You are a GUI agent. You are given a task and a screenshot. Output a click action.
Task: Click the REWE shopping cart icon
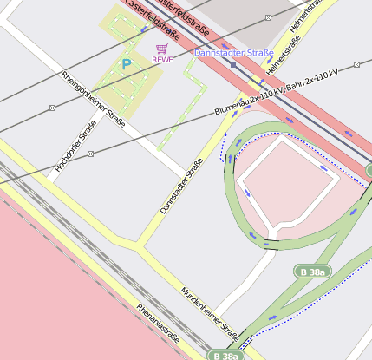pos(162,49)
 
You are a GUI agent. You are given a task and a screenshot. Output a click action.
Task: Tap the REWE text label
pos(162,60)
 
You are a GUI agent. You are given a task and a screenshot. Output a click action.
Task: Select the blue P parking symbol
pos(127,64)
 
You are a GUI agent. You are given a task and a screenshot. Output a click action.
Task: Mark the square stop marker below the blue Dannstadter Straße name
pos(233,64)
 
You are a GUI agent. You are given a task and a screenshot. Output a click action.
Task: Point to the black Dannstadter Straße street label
pos(182,186)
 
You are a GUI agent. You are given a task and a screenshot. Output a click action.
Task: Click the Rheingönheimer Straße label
pos(94,99)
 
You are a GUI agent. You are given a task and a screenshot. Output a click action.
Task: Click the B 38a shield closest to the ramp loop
pos(314,272)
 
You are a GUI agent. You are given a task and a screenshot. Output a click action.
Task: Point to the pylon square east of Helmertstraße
pos(356,62)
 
